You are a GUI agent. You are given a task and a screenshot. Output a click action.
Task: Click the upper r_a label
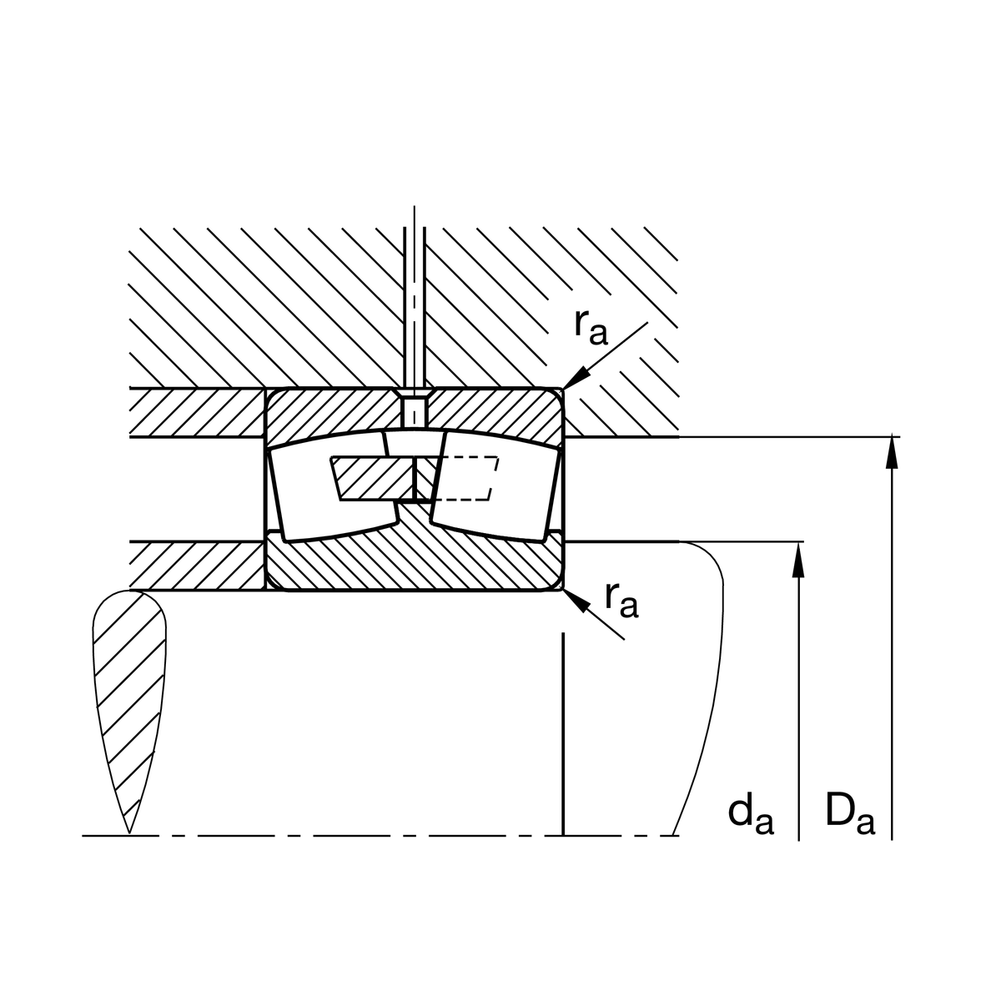click(x=591, y=328)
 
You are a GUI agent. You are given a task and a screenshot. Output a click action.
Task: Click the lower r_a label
click(x=621, y=601)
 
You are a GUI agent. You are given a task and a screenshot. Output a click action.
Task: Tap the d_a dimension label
click(x=751, y=814)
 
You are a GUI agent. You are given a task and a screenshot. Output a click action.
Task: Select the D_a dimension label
click(x=850, y=814)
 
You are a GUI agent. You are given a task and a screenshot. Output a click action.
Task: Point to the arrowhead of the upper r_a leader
click(x=576, y=376)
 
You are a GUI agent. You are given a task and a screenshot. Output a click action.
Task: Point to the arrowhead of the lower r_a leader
click(x=576, y=601)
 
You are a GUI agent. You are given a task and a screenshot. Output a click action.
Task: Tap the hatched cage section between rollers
click(x=373, y=479)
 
